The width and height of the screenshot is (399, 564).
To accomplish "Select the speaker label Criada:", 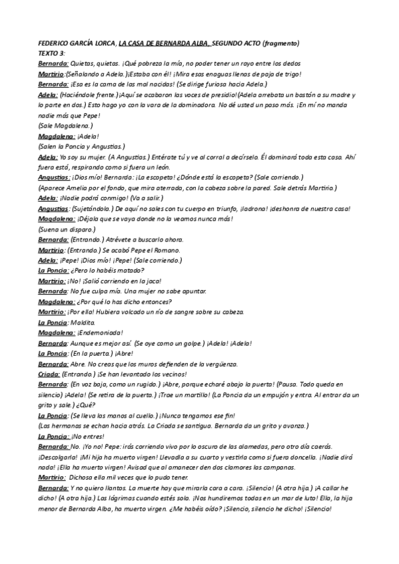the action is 49,374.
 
